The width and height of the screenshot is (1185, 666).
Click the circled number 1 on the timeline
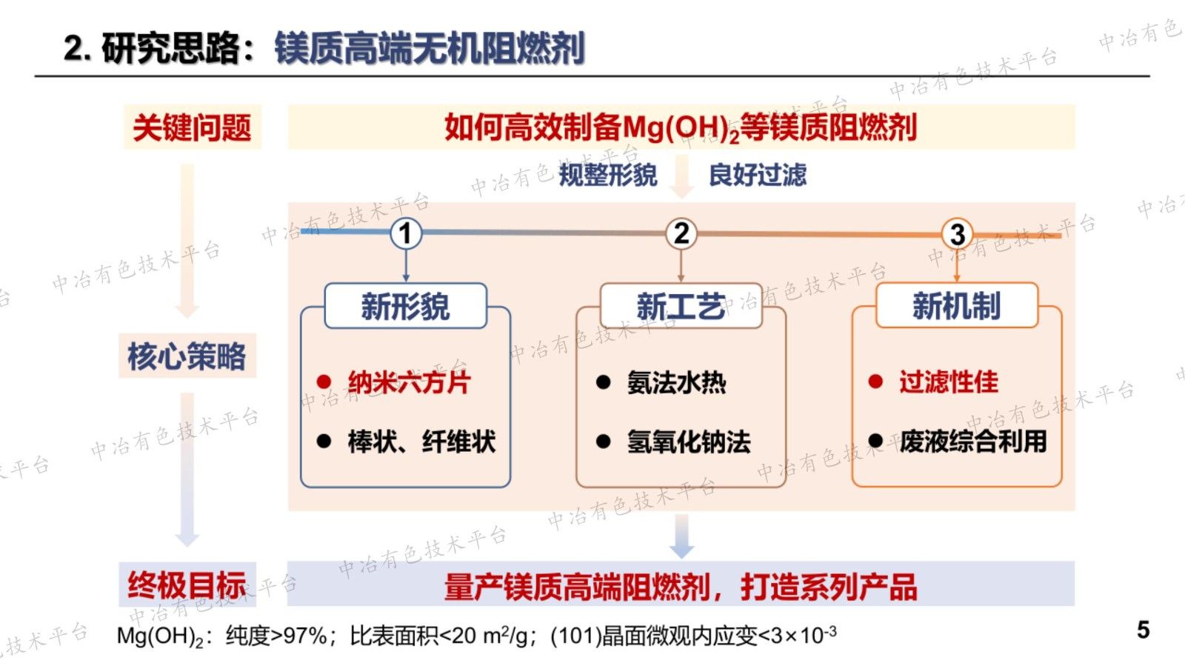(x=405, y=233)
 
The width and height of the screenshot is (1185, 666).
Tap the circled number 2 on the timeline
(x=681, y=233)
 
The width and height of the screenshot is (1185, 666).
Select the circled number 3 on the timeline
(x=957, y=234)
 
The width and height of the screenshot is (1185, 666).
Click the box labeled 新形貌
(x=405, y=306)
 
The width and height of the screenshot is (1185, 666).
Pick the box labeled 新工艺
(x=681, y=306)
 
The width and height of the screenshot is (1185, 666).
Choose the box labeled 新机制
(x=957, y=306)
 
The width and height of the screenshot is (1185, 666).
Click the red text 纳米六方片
(x=409, y=382)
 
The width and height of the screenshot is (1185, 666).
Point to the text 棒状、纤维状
(x=421, y=442)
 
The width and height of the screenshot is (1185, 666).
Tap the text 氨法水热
(x=676, y=382)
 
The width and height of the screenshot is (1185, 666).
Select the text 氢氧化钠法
(x=689, y=442)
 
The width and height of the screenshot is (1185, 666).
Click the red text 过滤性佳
(x=949, y=382)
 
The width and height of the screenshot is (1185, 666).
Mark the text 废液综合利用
(x=973, y=442)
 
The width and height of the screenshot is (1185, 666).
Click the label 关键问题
(x=192, y=127)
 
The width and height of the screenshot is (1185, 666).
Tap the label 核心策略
(x=187, y=356)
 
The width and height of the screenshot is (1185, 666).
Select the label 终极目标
(x=187, y=585)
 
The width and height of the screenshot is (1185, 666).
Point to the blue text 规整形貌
(x=607, y=176)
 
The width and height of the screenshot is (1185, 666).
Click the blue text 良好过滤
(x=757, y=176)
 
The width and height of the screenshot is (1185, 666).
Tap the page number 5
(x=1143, y=630)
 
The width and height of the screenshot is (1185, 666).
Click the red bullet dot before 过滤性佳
(x=875, y=382)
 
